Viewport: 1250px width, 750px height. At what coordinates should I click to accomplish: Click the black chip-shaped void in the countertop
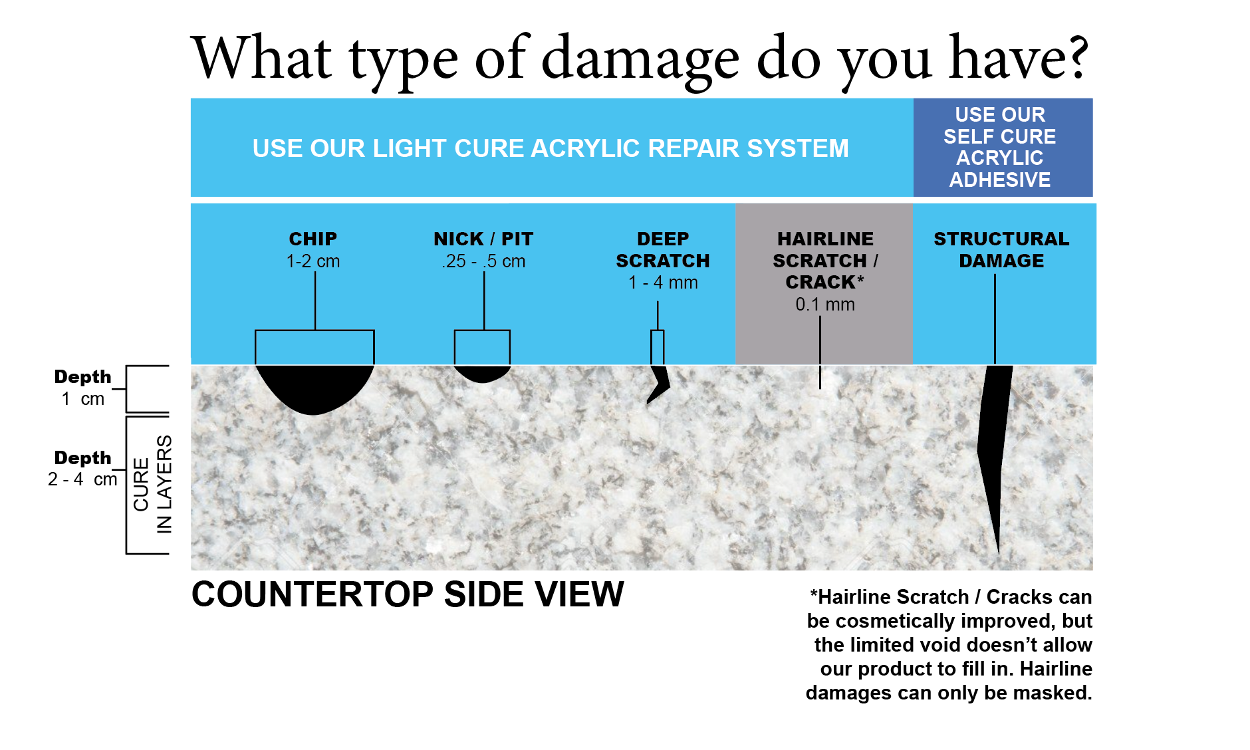[314, 388]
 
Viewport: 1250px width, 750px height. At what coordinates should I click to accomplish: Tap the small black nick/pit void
[483, 373]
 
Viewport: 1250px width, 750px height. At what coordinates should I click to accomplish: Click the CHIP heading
[313, 239]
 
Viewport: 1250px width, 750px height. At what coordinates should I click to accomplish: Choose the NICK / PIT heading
[483, 239]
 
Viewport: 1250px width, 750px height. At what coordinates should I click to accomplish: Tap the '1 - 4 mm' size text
[663, 283]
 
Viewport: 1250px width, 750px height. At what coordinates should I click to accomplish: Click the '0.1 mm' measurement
[825, 305]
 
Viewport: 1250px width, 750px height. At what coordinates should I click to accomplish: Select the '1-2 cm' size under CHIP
[313, 261]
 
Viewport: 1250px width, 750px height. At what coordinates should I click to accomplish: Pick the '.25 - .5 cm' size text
[483, 261]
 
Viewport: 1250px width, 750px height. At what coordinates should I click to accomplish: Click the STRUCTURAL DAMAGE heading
[1001, 249]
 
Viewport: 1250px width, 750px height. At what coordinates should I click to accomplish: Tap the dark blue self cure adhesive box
[1003, 148]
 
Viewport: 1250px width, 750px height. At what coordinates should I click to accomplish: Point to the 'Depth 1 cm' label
[83, 388]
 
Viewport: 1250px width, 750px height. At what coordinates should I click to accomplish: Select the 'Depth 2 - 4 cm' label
[83, 469]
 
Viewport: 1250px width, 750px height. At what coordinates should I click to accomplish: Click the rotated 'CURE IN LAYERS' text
[152, 484]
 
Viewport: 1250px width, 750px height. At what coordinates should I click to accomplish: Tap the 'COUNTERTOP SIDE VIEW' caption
[408, 594]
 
